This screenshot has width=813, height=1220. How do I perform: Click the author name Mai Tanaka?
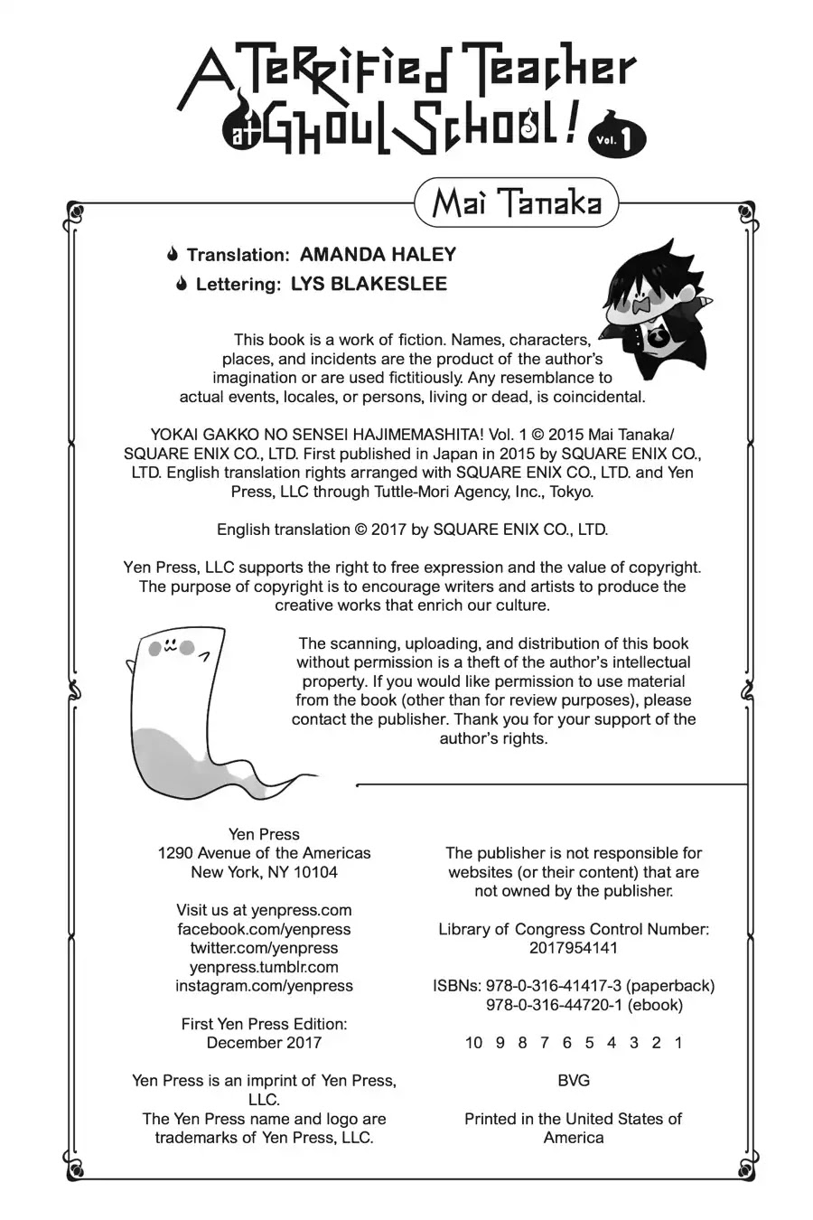tap(516, 203)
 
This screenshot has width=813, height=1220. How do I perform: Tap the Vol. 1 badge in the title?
tap(620, 138)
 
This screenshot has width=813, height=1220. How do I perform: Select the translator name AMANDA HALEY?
tap(378, 255)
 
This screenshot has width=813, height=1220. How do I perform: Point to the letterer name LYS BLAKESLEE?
tap(369, 284)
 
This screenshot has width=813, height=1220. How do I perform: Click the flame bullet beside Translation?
tap(173, 256)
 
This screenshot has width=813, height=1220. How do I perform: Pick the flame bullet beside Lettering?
tap(182, 285)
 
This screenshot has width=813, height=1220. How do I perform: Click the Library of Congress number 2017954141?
tap(574, 948)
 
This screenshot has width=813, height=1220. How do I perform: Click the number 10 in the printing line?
tap(473, 1043)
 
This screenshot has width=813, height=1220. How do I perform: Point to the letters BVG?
tap(574, 1081)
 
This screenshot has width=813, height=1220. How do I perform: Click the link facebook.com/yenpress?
tap(264, 929)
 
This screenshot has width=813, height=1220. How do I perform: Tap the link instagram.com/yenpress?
tap(264, 986)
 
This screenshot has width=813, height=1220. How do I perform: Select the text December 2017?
tap(264, 1043)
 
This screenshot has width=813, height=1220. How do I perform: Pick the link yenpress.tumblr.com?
tap(264, 967)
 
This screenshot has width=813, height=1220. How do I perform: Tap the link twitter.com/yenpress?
tap(264, 948)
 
